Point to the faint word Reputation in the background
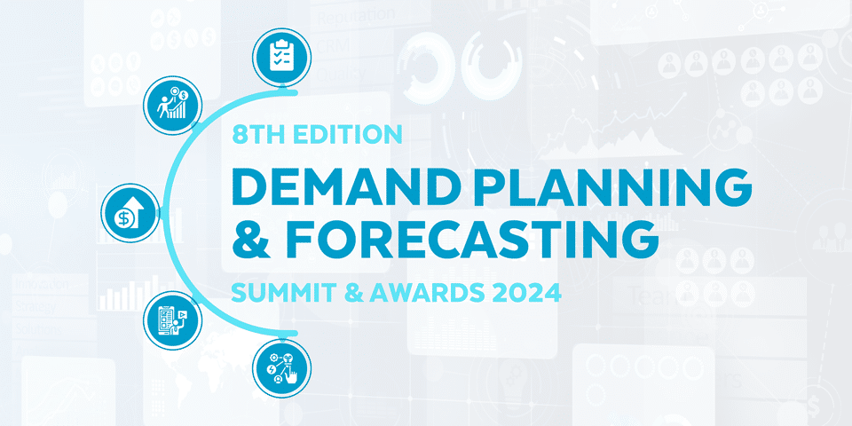pyautogui.click(x=356, y=16)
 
